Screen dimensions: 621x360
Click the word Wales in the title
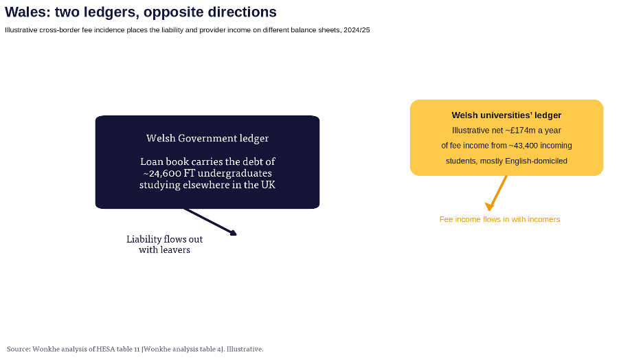click(x=27, y=12)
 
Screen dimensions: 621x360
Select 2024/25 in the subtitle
click(x=357, y=30)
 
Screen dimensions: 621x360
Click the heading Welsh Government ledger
click(x=207, y=138)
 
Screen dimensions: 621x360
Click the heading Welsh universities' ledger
click(x=506, y=115)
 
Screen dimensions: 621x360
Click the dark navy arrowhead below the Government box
click(x=234, y=233)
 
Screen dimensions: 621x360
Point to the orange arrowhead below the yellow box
click(x=490, y=207)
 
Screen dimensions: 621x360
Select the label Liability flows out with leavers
click(x=164, y=245)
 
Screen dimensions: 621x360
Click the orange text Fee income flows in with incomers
click(x=500, y=219)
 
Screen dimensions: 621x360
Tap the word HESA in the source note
click(x=105, y=349)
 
